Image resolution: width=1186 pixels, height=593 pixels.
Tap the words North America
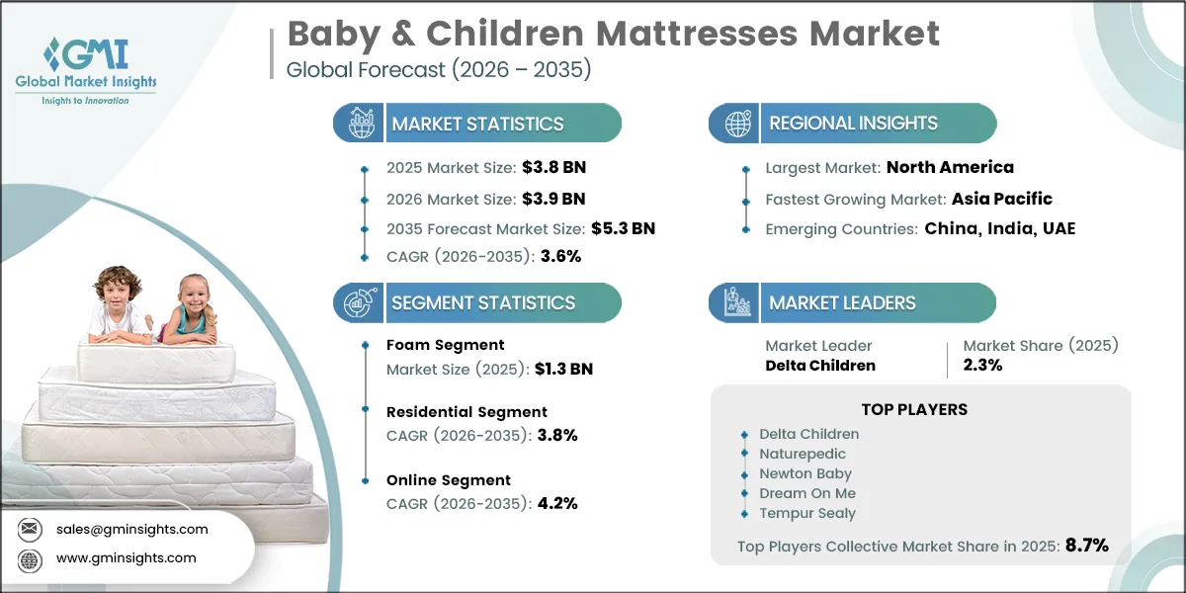click(950, 167)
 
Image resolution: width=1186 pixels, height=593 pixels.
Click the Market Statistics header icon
click(358, 124)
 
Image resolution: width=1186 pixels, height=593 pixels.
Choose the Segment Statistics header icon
click(358, 302)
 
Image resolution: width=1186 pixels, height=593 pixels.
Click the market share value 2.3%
click(983, 365)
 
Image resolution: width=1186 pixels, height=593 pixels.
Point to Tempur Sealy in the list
click(807, 513)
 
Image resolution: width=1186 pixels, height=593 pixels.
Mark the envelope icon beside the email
click(31, 530)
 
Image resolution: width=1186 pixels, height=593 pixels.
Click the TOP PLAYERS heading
click(914, 409)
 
